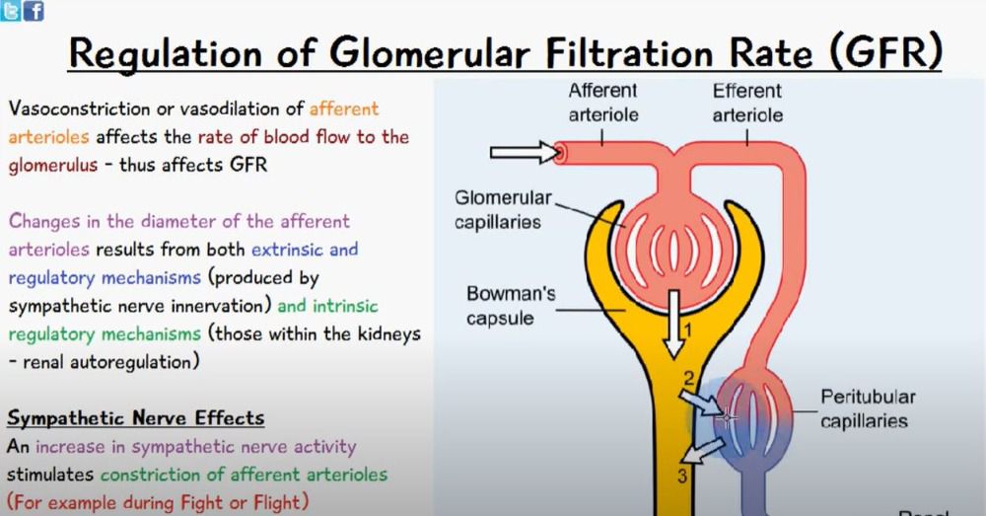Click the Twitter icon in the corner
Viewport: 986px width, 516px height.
[10, 11]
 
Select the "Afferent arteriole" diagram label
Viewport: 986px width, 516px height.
[603, 103]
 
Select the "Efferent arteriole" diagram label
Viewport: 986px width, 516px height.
[746, 103]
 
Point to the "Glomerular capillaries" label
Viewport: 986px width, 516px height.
[497, 209]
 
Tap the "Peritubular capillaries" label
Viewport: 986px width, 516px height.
[868, 408]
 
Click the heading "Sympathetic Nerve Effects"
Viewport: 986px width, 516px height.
[135, 418]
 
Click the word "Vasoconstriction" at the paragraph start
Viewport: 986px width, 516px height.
[79, 109]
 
